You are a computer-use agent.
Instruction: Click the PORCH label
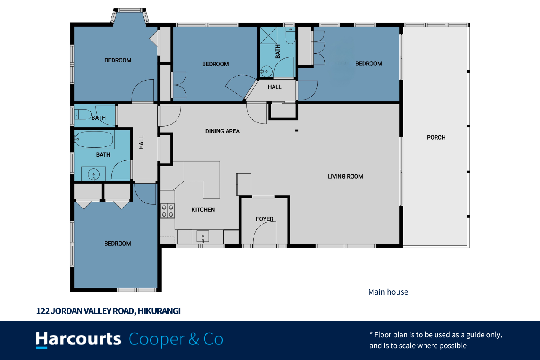click(436, 138)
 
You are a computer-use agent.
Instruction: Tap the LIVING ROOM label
click(345, 176)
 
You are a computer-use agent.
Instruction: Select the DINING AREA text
click(222, 131)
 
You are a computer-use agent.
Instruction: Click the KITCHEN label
click(203, 210)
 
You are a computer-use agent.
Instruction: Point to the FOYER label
click(265, 219)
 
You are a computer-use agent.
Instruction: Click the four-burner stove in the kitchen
click(167, 211)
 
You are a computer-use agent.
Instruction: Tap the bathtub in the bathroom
click(94, 139)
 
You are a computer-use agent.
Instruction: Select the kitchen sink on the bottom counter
click(203, 236)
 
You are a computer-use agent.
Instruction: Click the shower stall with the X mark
click(269, 35)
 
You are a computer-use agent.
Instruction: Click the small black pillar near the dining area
click(297, 130)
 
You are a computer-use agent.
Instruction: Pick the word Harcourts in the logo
click(78, 339)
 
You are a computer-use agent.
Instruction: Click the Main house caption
click(388, 292)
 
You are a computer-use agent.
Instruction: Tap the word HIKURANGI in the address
click(159, 311)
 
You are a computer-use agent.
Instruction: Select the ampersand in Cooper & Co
click(194, 339)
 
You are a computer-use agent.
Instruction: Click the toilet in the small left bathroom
click(83, 114)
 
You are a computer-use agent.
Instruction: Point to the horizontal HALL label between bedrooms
click(275, 87)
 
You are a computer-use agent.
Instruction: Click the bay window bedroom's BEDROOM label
click(118, 60)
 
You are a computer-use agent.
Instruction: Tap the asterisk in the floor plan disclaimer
click(371, 333)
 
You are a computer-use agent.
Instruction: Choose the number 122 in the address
click(43, 311)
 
